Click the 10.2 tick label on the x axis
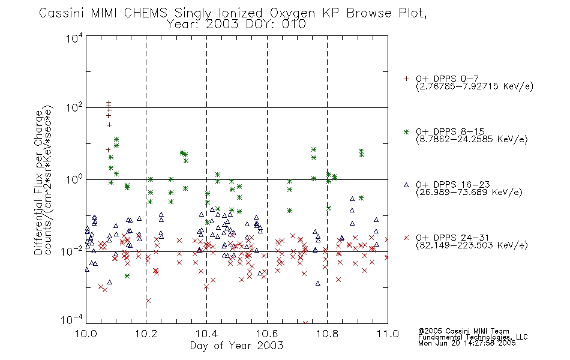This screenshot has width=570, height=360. (x=146, y=334)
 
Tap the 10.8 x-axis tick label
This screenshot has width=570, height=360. (x=327, y=334)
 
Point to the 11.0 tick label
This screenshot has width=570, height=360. (x=388, y=334)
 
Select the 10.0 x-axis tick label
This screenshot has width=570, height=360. (x=86, y=334)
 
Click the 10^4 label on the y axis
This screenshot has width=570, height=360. (x=74, y=38)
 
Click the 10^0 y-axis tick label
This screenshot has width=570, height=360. (x=74, y=179)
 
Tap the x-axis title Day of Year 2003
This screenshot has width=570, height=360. (x=236, y=346)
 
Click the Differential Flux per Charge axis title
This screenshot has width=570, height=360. (x=38, y=182)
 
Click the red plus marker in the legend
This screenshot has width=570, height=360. (x=406, y=79)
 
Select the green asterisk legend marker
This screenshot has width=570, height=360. (x=406, y=132)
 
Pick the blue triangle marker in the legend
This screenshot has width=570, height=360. (x=406, y=185)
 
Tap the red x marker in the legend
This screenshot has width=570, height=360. (x=406, y=238)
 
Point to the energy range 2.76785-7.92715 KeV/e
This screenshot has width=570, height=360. (x=475, y=86)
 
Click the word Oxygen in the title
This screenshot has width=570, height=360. (x=292, y=13)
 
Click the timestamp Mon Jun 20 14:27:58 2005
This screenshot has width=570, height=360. (x=467, y=343)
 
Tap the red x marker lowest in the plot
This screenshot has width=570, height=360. (x=305, y=323)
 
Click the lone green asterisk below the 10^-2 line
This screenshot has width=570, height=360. (x=127, y=276)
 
